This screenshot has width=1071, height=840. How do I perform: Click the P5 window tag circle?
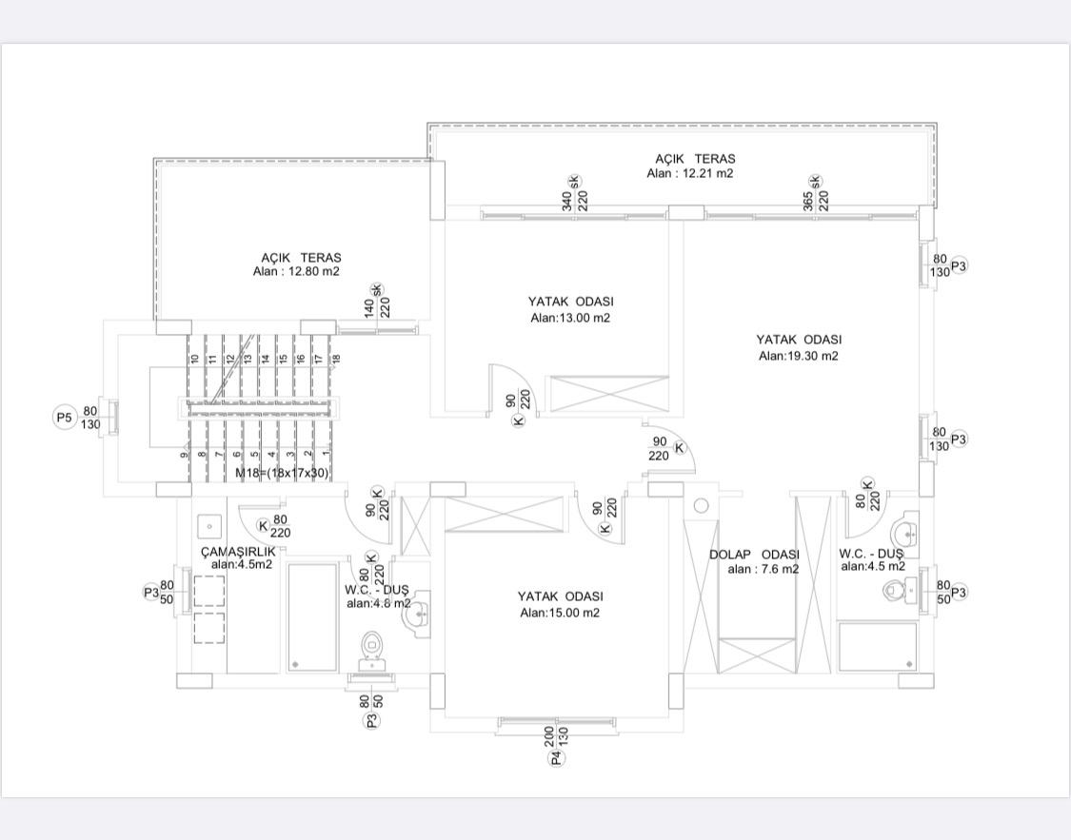coord(64,417)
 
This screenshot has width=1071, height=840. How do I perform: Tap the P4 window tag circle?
coord(556,757)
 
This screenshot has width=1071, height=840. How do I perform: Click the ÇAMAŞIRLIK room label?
coord(238,552)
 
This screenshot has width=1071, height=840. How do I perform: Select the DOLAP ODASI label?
coord(754,555)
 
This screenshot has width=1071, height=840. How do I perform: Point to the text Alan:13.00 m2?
coord(570,318)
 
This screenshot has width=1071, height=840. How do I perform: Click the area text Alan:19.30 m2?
coord(799,356)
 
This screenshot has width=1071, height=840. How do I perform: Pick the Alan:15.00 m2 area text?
coord(560,613)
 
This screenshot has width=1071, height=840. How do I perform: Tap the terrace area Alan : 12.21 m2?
coord(690,173)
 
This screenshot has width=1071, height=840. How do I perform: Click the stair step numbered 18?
coord(336,359)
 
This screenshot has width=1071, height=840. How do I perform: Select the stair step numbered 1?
coord(327,453)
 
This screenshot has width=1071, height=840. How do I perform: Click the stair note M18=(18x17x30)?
coord(282,473)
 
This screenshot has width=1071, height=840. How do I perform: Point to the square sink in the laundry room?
coord(209,527)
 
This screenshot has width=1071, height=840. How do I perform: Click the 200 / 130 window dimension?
coord(556,736)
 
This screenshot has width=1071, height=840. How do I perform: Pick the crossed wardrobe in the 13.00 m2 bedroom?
coord(610,394)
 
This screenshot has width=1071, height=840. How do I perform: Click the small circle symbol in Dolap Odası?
coord(702,506)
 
